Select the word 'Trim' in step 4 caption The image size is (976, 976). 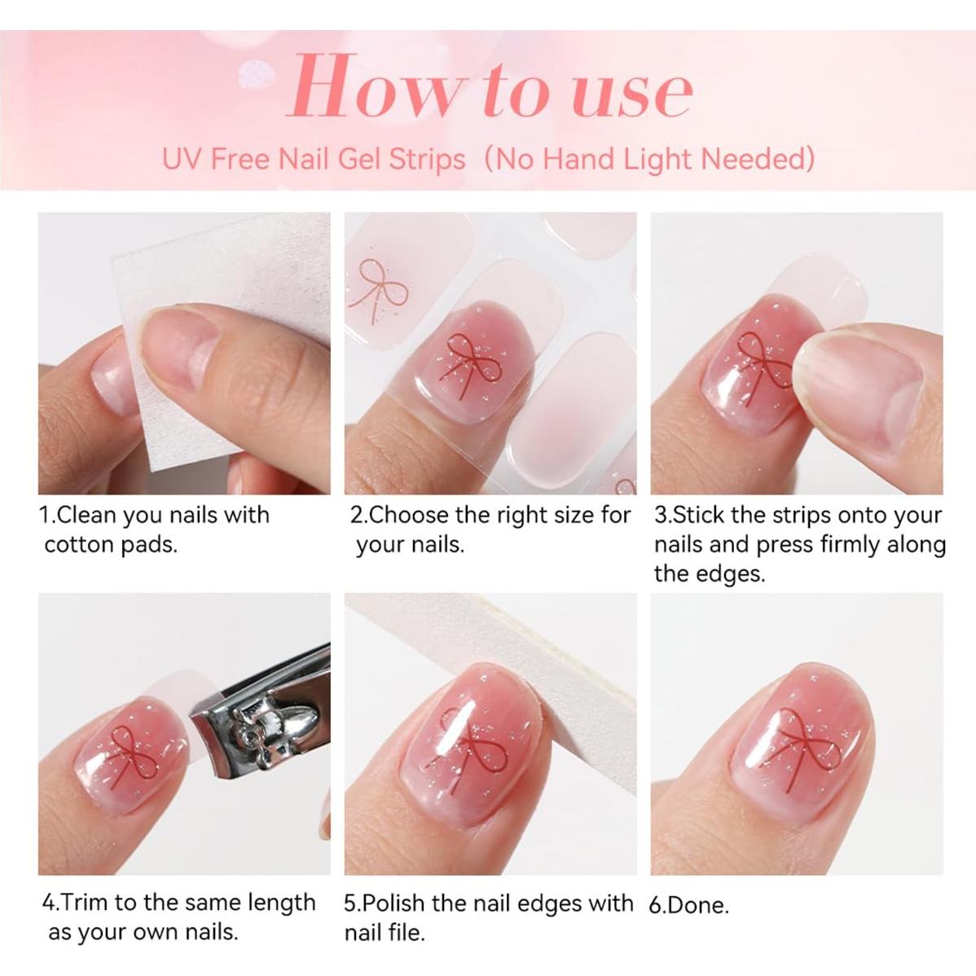[86, 903]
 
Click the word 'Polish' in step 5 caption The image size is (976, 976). [394, 903]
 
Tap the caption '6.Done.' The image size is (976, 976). [689, 904]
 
